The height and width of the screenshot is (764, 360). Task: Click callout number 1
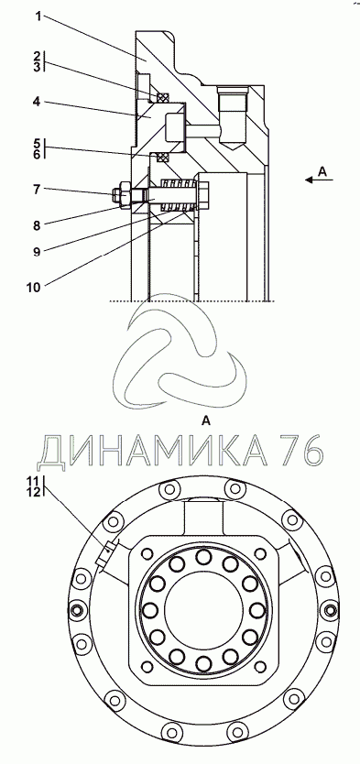[39, 16]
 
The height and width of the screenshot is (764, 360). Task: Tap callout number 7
[36, 189]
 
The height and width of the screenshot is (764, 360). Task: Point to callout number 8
[37, 225]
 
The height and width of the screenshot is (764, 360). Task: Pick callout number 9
[37, 251]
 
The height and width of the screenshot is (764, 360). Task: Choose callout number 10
[34, 287]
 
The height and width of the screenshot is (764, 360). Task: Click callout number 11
[34, 482]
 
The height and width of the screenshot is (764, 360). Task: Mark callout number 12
[34, 492]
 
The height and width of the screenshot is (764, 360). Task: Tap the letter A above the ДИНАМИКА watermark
[206, 421]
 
